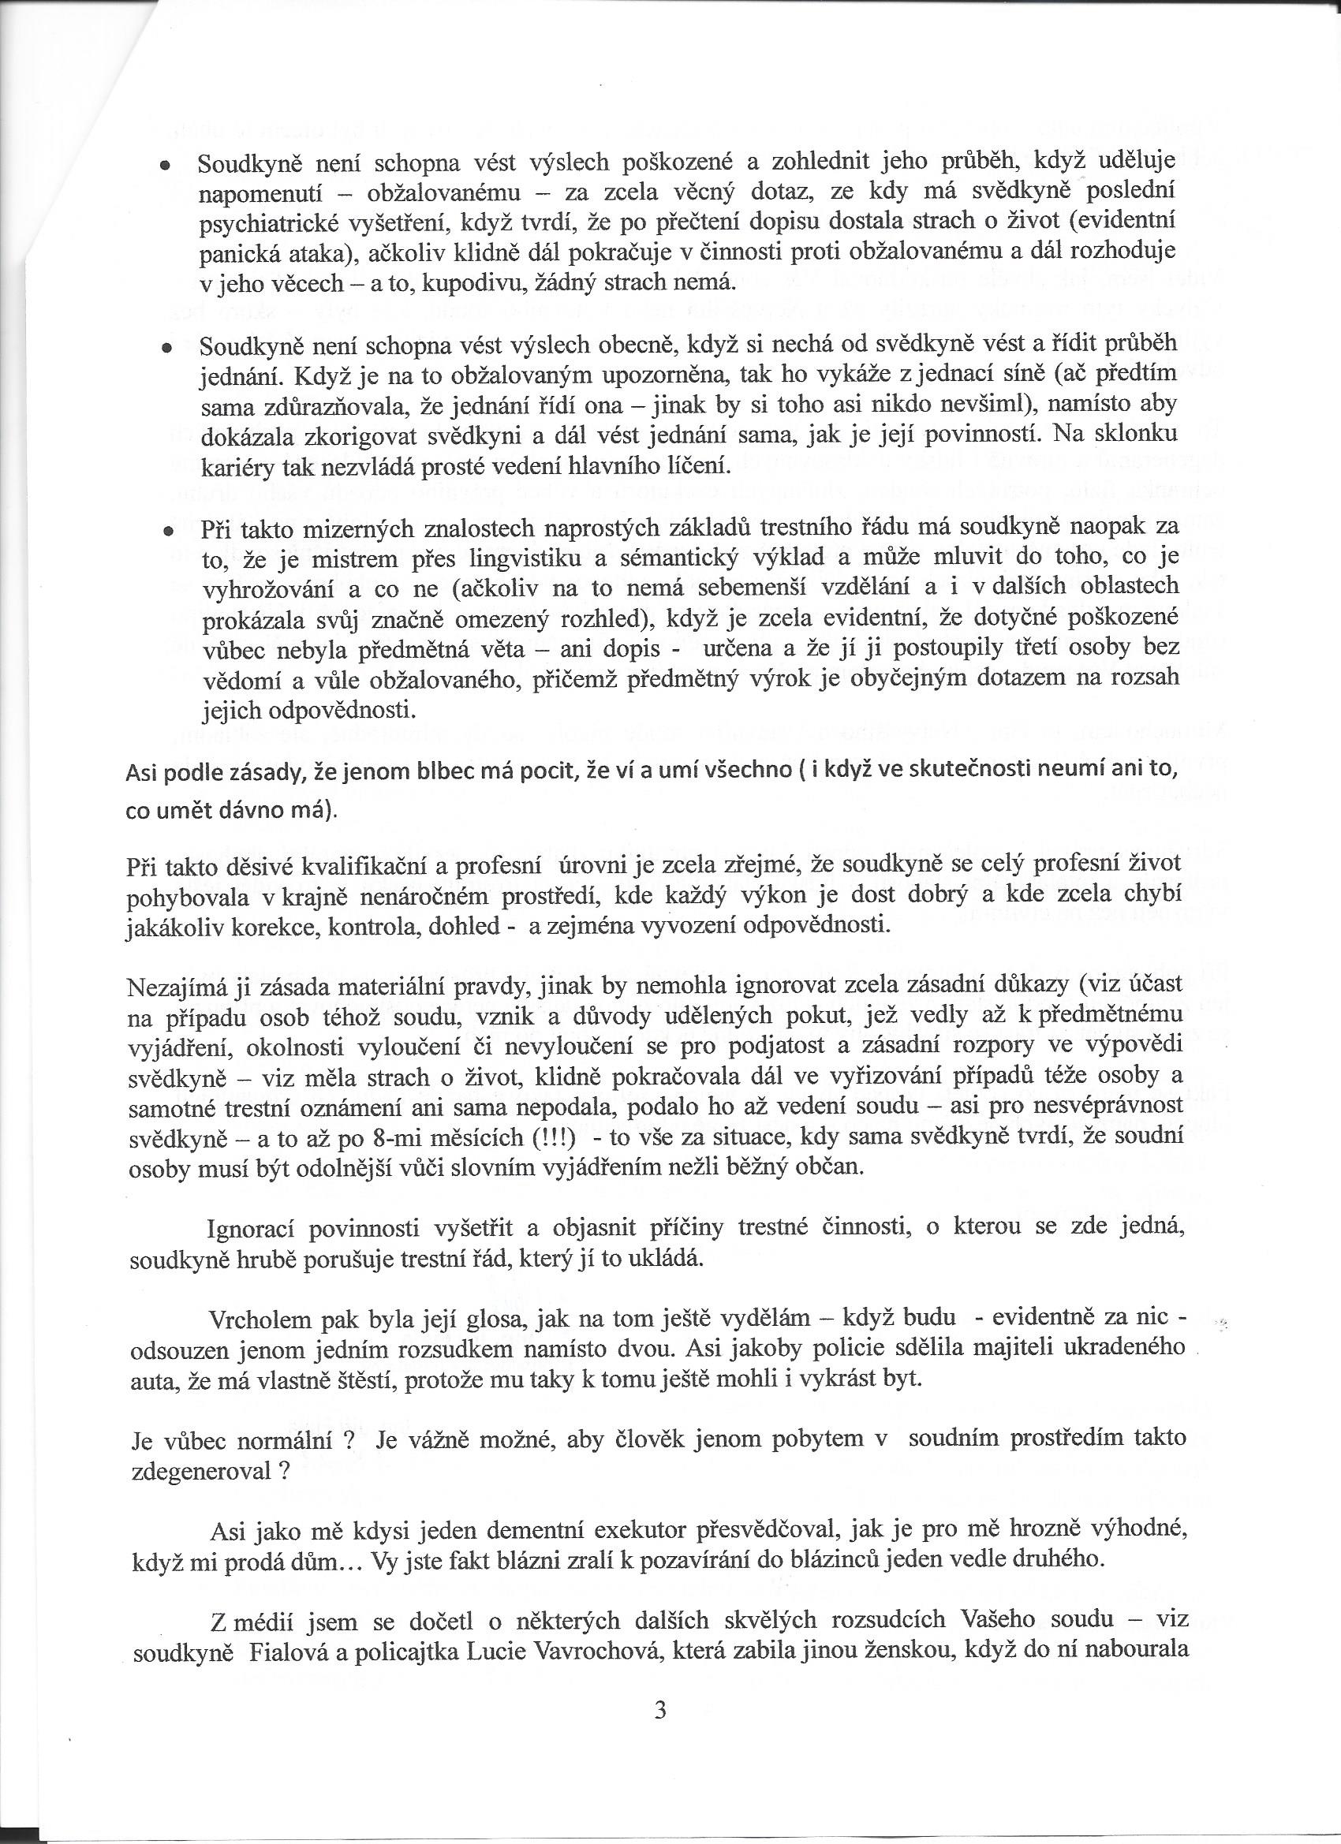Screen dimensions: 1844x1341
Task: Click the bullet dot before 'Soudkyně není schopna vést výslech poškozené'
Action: coord(166,165)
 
